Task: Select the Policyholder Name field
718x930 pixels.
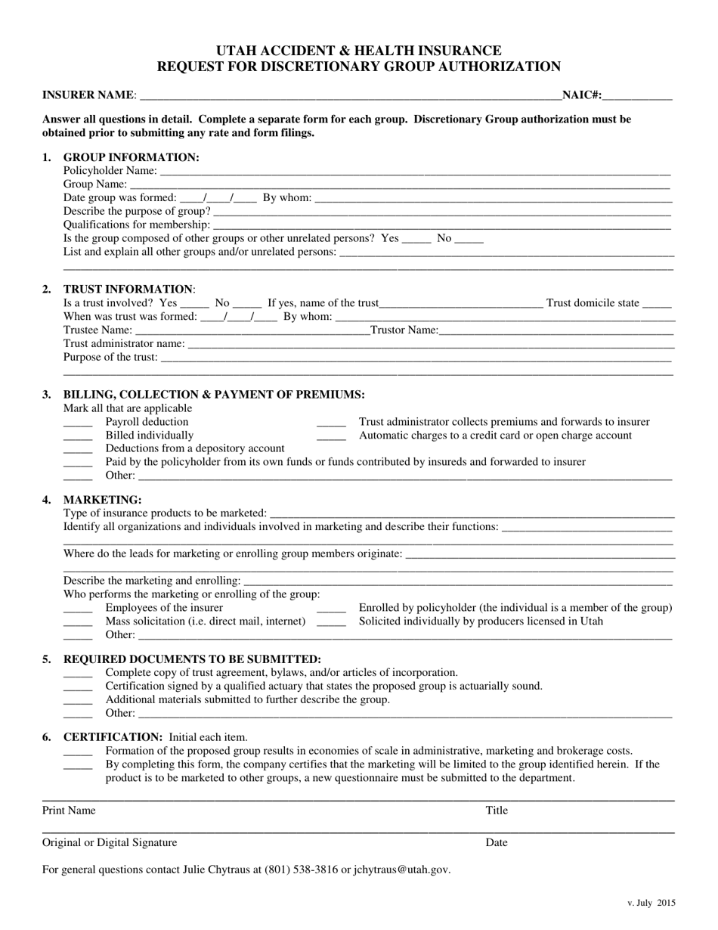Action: (x=416, y=172)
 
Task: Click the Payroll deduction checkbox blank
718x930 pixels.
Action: (x=77, y=423)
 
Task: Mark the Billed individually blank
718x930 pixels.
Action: (x=77, y=436)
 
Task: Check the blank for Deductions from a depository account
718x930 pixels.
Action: (x=77, y=449)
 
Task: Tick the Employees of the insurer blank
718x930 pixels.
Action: (x=77, y=609)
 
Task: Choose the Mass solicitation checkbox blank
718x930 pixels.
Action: (x=77, y=622)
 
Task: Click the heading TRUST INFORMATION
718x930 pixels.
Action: (x=128, y=289)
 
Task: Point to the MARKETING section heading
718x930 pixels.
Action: (x=102, y=500)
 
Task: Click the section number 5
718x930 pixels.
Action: (x=47, y=659)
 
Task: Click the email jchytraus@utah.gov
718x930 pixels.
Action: (x=401, y=870)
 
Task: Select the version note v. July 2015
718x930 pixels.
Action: (x=651, y=903)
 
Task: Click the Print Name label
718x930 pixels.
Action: (x=69, y=811)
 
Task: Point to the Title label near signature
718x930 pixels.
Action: (x=497, y=811)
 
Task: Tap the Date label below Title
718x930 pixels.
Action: (x=497, y=842)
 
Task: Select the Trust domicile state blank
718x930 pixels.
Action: (x=657, y=305)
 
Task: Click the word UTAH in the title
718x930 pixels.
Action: (x=237, y=51)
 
